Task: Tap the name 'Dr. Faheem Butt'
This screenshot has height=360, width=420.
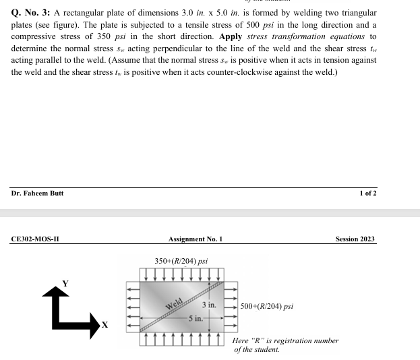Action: point(38,193)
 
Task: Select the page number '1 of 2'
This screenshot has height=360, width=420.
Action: point(368,193)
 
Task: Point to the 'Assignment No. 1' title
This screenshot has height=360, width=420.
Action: point(196,239)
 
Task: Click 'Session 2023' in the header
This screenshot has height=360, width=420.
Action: point(355,239)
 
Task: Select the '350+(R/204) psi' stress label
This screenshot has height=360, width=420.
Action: point(181,261)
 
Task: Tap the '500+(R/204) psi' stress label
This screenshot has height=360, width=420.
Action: point(267,306)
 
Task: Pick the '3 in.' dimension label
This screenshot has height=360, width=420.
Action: point(208,305)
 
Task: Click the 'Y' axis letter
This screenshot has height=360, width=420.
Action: point(65,282)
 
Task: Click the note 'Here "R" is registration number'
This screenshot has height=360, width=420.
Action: point(285,341)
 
